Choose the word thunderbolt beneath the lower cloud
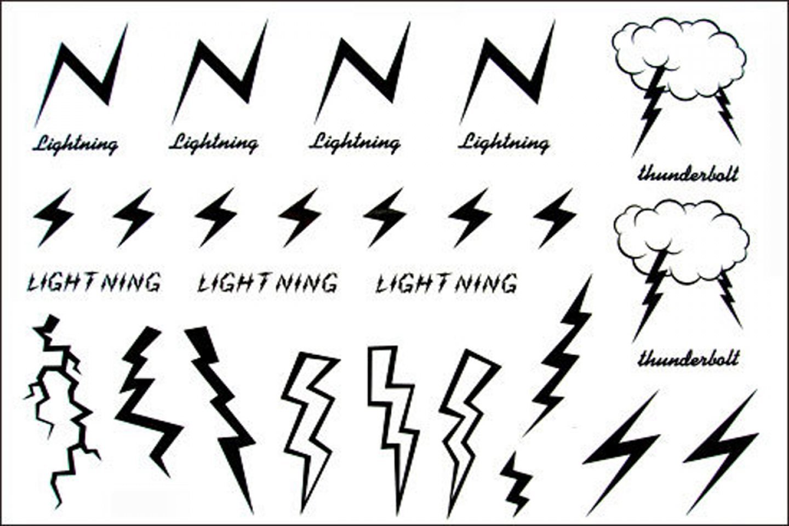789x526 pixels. click(689, 359)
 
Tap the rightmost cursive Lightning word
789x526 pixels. click(504, 142)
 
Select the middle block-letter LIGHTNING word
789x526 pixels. click(267, 283)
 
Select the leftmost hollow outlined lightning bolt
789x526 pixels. click(308, 416)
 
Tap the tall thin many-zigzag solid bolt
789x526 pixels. click(564, 356)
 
